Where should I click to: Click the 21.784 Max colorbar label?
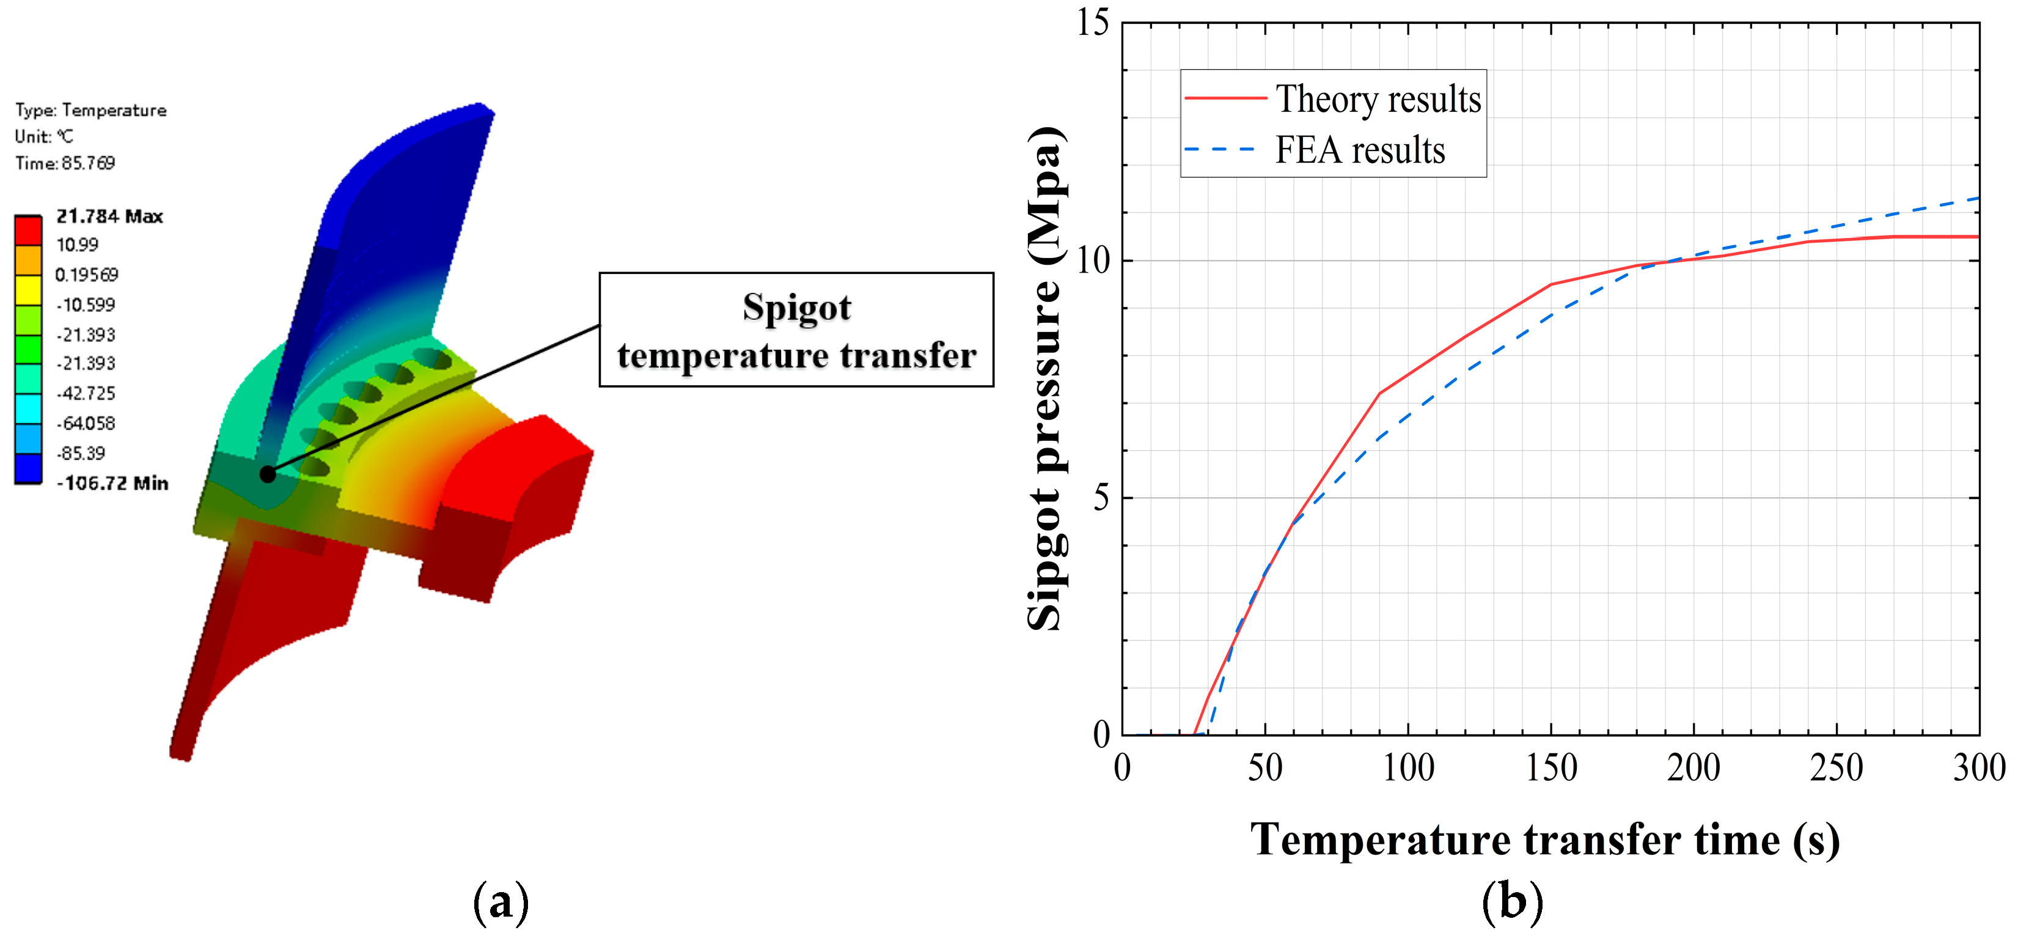click(109, 216)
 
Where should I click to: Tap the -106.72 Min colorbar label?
click(112, 484)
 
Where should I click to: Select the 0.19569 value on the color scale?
click(86, 275)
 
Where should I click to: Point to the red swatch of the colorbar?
click(28, 231)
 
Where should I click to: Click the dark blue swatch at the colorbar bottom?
click(28, 468)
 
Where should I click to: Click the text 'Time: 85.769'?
click(65, 163)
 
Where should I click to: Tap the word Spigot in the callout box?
click(797, 307)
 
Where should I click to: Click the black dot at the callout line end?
click(267, 474)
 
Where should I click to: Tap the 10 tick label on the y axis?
click(1093, 260)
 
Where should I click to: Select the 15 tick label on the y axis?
click(1093, 23)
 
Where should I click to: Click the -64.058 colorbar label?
click(86, 424)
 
